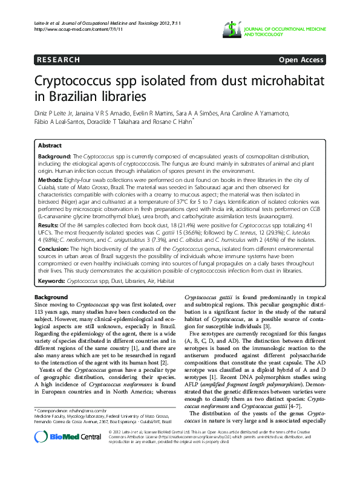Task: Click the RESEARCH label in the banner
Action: [58, 60]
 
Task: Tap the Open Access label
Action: [301, 60]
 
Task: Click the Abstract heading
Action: [50, 146]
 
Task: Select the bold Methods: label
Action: [50, 180]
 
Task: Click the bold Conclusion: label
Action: [53, 249]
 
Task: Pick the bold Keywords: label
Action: [52, 281]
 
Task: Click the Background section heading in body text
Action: [51, 297]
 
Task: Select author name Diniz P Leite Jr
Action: [55, 113]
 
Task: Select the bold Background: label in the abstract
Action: [54, 156]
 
